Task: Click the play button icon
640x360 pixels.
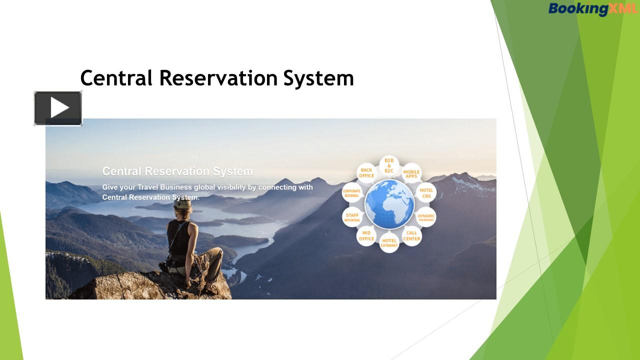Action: coord(58,108)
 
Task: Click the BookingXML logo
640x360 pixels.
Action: coord(592,8)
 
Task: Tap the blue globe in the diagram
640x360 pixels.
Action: coord(389,204)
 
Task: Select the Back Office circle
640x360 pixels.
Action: coord(366,172)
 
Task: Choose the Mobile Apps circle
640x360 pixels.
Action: coord(411,173)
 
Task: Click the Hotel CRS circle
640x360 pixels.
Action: coord(426,193)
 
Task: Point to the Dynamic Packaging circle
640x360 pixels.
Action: coord(426,218)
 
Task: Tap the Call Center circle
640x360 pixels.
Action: coord(411,235)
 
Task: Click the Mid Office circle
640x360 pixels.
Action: coord(366,235)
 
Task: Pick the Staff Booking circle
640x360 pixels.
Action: coord(352,217)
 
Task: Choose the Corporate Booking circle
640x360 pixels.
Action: coord(352,193)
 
